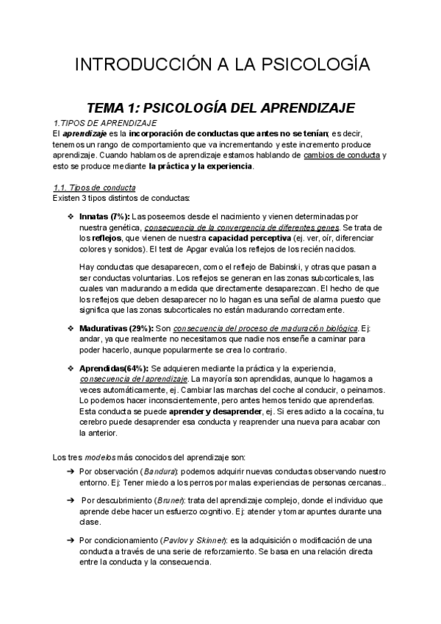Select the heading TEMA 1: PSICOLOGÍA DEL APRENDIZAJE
point(221,107)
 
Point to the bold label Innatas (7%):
point(103,216)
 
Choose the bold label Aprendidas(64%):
point(112,367)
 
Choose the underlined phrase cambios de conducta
point(351,155)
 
